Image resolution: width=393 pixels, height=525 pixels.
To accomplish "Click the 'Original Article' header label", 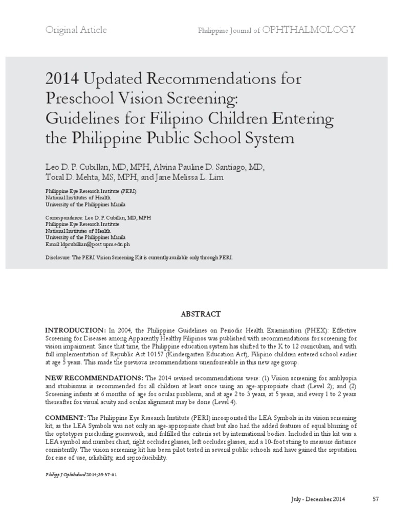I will [x=76, y=30].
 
